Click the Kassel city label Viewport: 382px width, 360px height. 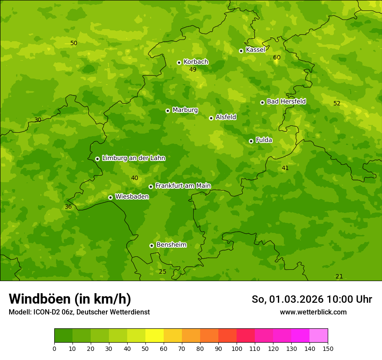(x=255, y=50)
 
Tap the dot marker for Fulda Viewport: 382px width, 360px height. (x=251, y=141)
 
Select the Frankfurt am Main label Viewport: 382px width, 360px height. (x=183, y=186)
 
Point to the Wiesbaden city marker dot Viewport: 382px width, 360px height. (x=110, y=197)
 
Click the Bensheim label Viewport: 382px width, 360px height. (x=171, y=245)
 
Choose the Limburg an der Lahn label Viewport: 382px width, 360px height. (x=133, y=158)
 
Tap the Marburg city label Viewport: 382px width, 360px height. (x=185, y=110)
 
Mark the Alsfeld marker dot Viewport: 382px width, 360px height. (x=211, y=118)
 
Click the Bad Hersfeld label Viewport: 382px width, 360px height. (x=286, y=101)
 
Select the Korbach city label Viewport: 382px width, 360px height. (x=196, y=62)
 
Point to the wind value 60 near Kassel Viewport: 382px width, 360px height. (x=277, y=58)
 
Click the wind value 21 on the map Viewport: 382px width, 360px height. (x=339, y=276)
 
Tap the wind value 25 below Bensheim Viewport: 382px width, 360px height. (x=162, y=272)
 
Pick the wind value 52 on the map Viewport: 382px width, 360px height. (x=337, y=103)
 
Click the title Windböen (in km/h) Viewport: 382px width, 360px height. (x=69, y=299)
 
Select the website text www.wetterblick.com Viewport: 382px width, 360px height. (x=313, y=312)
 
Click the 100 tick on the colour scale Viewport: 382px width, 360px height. (x=237, y=348)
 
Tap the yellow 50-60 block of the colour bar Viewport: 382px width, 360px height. (x=155, y=336)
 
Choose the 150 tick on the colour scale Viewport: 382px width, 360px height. (x=327, y=348)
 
